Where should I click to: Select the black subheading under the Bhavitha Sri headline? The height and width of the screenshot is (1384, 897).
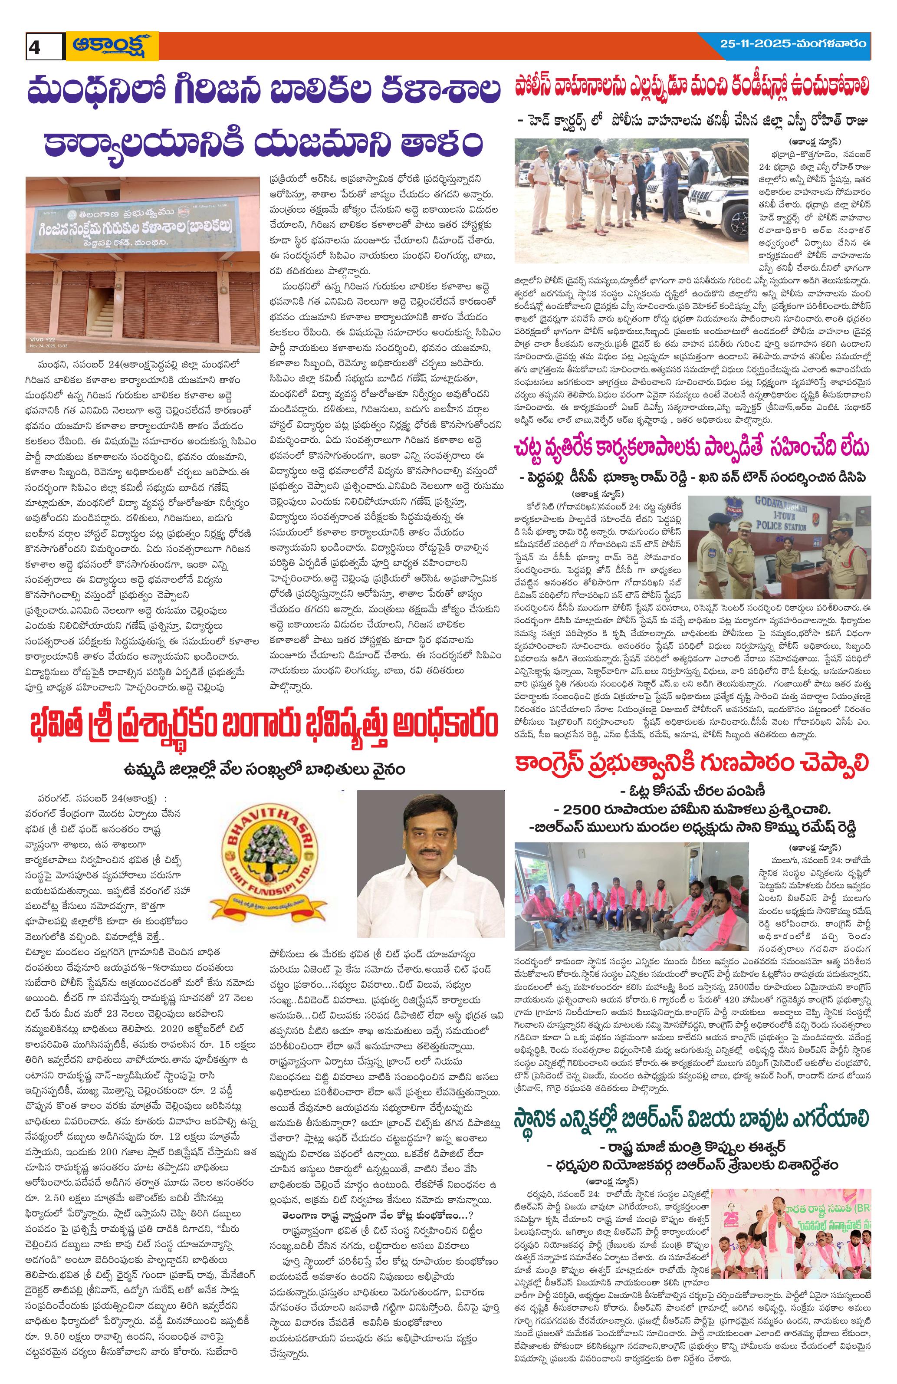265,769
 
